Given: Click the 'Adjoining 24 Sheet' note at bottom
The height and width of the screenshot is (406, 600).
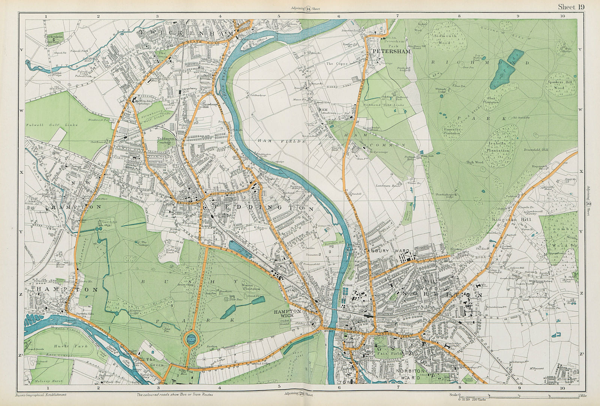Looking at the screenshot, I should click(298, 394).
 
